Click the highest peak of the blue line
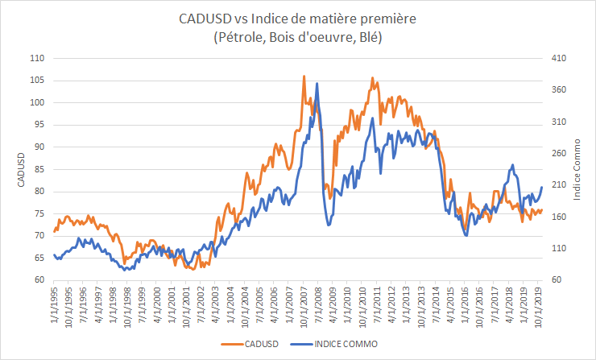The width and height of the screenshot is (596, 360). [x=317, y=83]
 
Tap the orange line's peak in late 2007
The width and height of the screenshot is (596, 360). [x=304, y=77]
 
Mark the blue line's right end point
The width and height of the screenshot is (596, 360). [x=542, y=187]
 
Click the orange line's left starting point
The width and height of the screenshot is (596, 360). [x=54, y=231]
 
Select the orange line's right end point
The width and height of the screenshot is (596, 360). [x=542, y=210]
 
